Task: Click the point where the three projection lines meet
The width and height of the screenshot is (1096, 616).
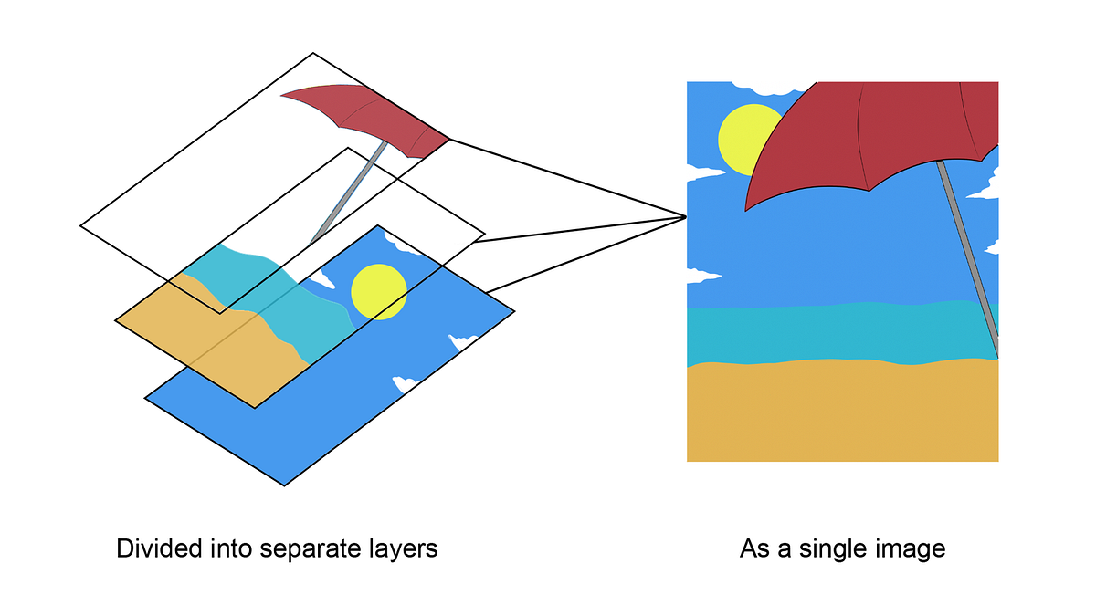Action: [x=685, y=216]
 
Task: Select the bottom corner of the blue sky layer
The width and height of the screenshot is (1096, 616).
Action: [x=286, y=485]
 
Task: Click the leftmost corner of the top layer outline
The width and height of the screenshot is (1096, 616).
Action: [x=81, y=224]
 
